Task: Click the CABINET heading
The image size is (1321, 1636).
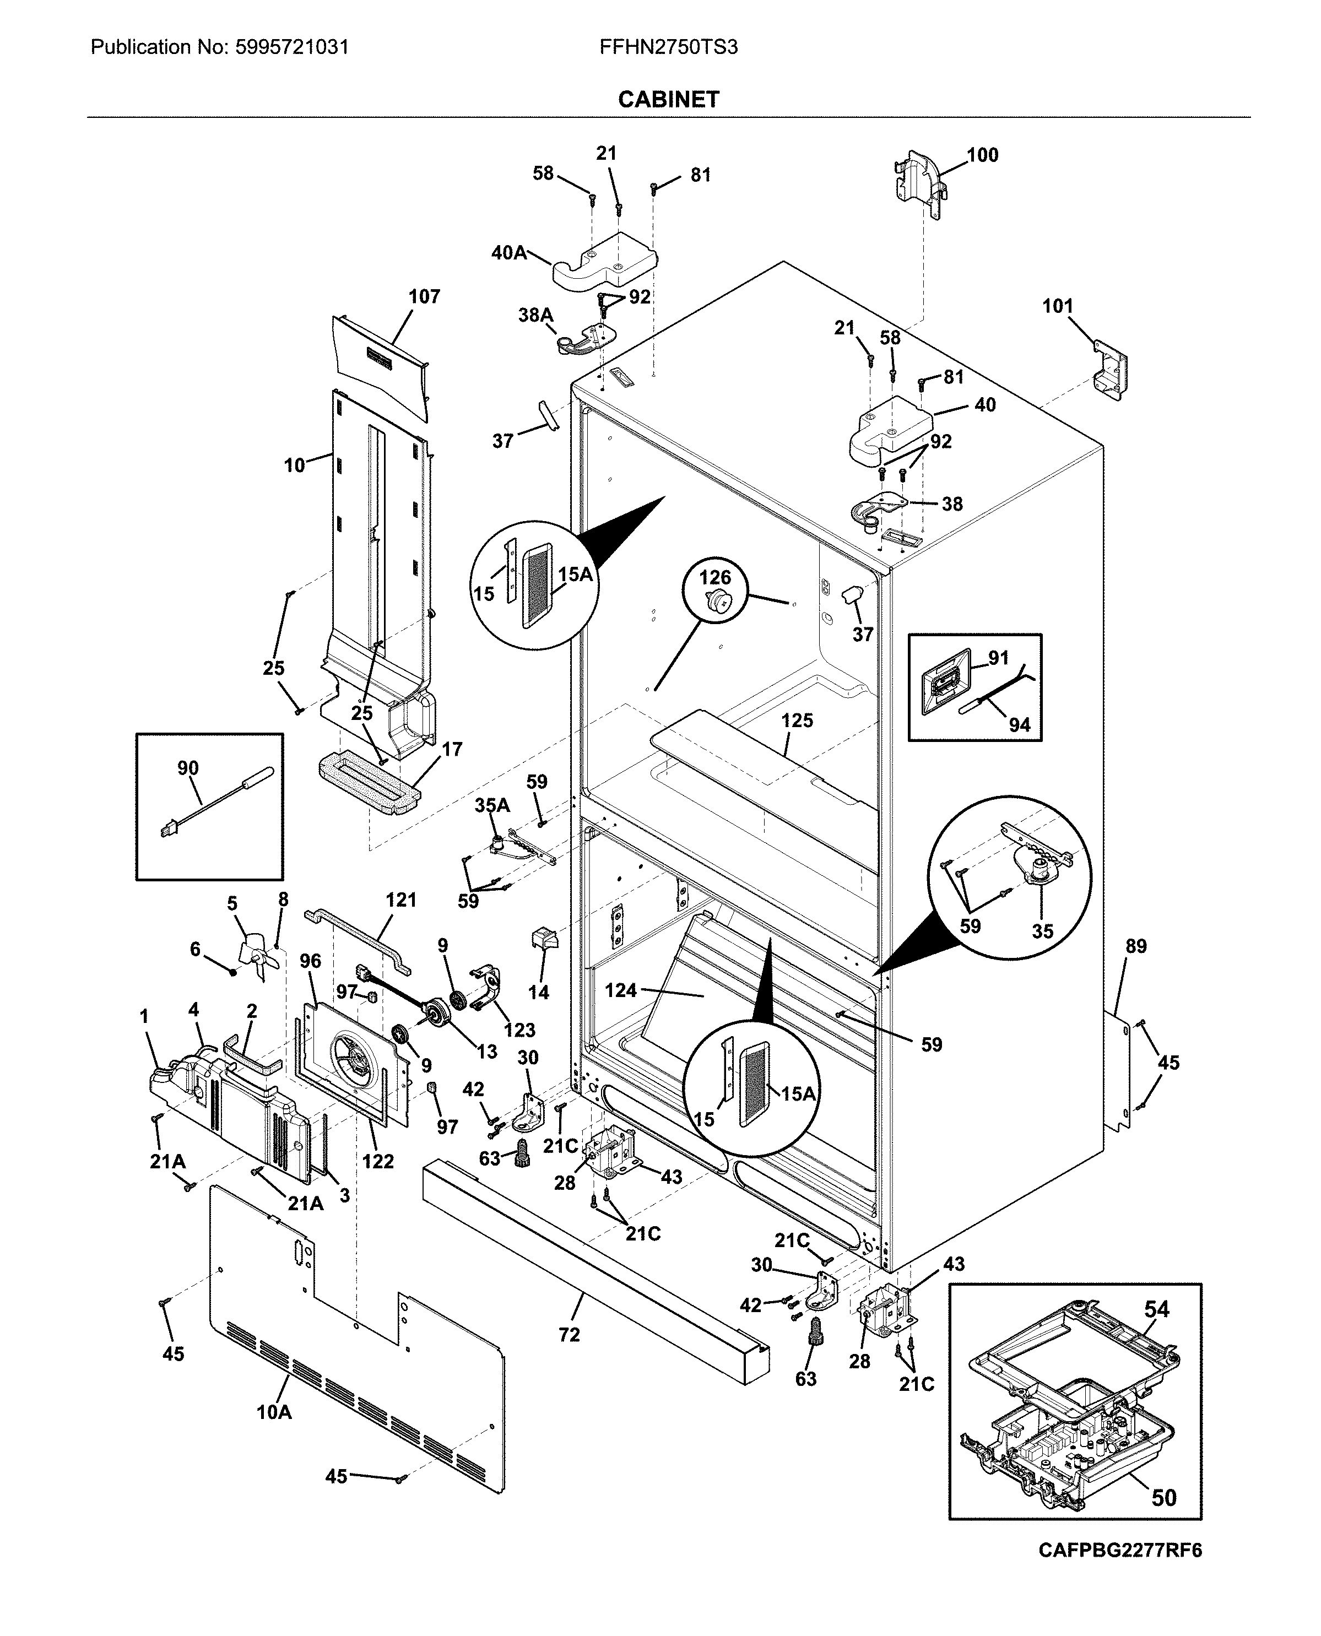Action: point(668,100)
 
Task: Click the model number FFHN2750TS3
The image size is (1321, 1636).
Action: point(668,47)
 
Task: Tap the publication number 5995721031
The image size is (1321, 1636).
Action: point(290,47)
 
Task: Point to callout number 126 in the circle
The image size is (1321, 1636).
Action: point(714,577)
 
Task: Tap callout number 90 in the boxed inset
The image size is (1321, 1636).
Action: point(188,768)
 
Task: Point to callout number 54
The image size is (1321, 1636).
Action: point(1157,1309)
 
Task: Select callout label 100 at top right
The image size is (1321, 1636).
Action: point(982,155)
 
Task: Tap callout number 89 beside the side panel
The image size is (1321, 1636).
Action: point(1135,946)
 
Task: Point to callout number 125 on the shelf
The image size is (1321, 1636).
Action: point(797,720)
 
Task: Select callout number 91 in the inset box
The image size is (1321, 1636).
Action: point(998,658)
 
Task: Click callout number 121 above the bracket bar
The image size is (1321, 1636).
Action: point(400,900)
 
